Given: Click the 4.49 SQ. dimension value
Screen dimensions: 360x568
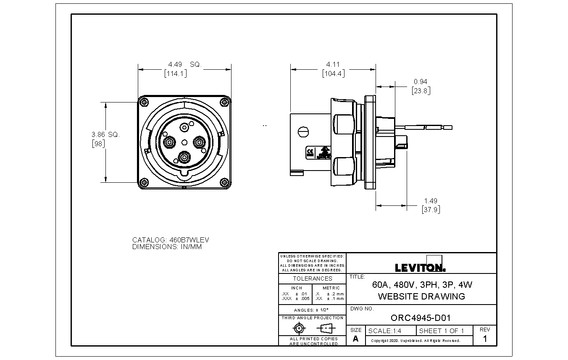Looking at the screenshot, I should tap(185, 64).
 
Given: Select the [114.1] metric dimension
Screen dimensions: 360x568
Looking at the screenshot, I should tap(176, 74).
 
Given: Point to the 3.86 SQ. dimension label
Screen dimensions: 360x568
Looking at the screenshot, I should tap(105, 134).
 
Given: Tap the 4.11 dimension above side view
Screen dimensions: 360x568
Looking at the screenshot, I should tap(333, 64).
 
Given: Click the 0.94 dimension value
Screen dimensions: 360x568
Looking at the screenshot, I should tap(420, 81).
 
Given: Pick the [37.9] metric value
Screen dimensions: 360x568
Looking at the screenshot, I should tap(431, 209).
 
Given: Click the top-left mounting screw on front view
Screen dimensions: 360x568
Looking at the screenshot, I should tap(144, 101).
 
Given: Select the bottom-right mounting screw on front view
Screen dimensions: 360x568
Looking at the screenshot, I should tap(225, 182).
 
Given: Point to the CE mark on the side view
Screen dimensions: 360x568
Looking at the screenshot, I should tap(310, 152).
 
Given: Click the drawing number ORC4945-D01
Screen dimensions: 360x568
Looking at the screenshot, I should tap(420, 318).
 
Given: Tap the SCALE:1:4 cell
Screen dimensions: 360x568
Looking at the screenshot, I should tap(384, 331).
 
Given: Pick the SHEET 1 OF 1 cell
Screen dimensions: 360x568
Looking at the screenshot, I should tap(442, 331).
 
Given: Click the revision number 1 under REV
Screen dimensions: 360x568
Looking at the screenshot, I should tap(485, 339).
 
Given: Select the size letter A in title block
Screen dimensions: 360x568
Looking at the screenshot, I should tap(355, 339).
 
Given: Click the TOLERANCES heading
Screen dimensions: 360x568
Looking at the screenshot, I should tap(312, 279).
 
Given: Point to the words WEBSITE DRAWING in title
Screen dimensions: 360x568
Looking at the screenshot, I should tap(421, 296).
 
